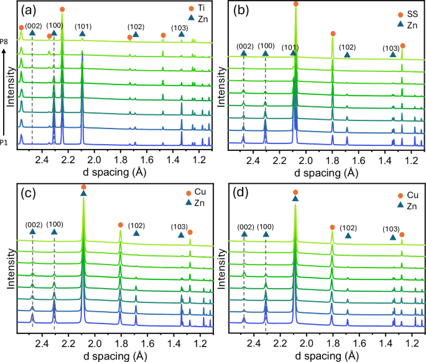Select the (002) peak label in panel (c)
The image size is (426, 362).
32,224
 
